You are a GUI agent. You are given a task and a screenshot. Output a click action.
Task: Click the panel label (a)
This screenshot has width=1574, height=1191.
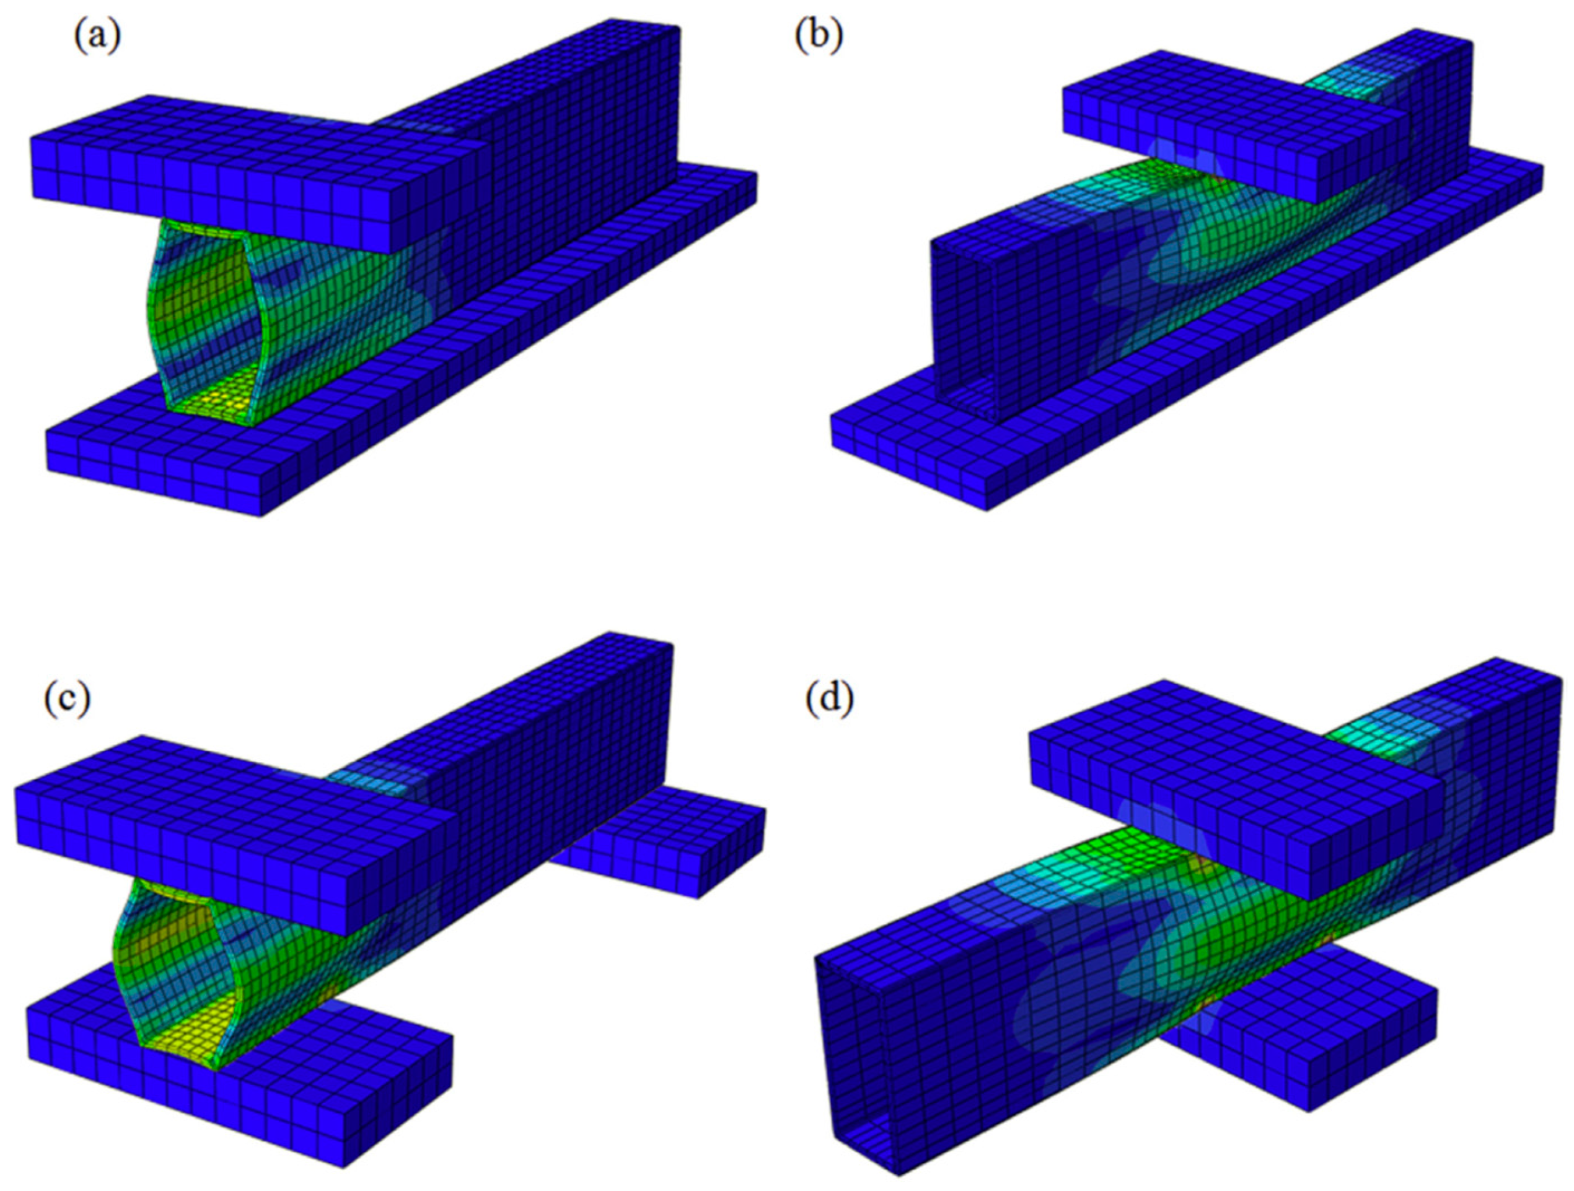click(x=97, y=38)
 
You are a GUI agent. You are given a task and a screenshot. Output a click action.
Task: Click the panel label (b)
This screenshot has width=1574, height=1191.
click(x=819, y=37)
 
